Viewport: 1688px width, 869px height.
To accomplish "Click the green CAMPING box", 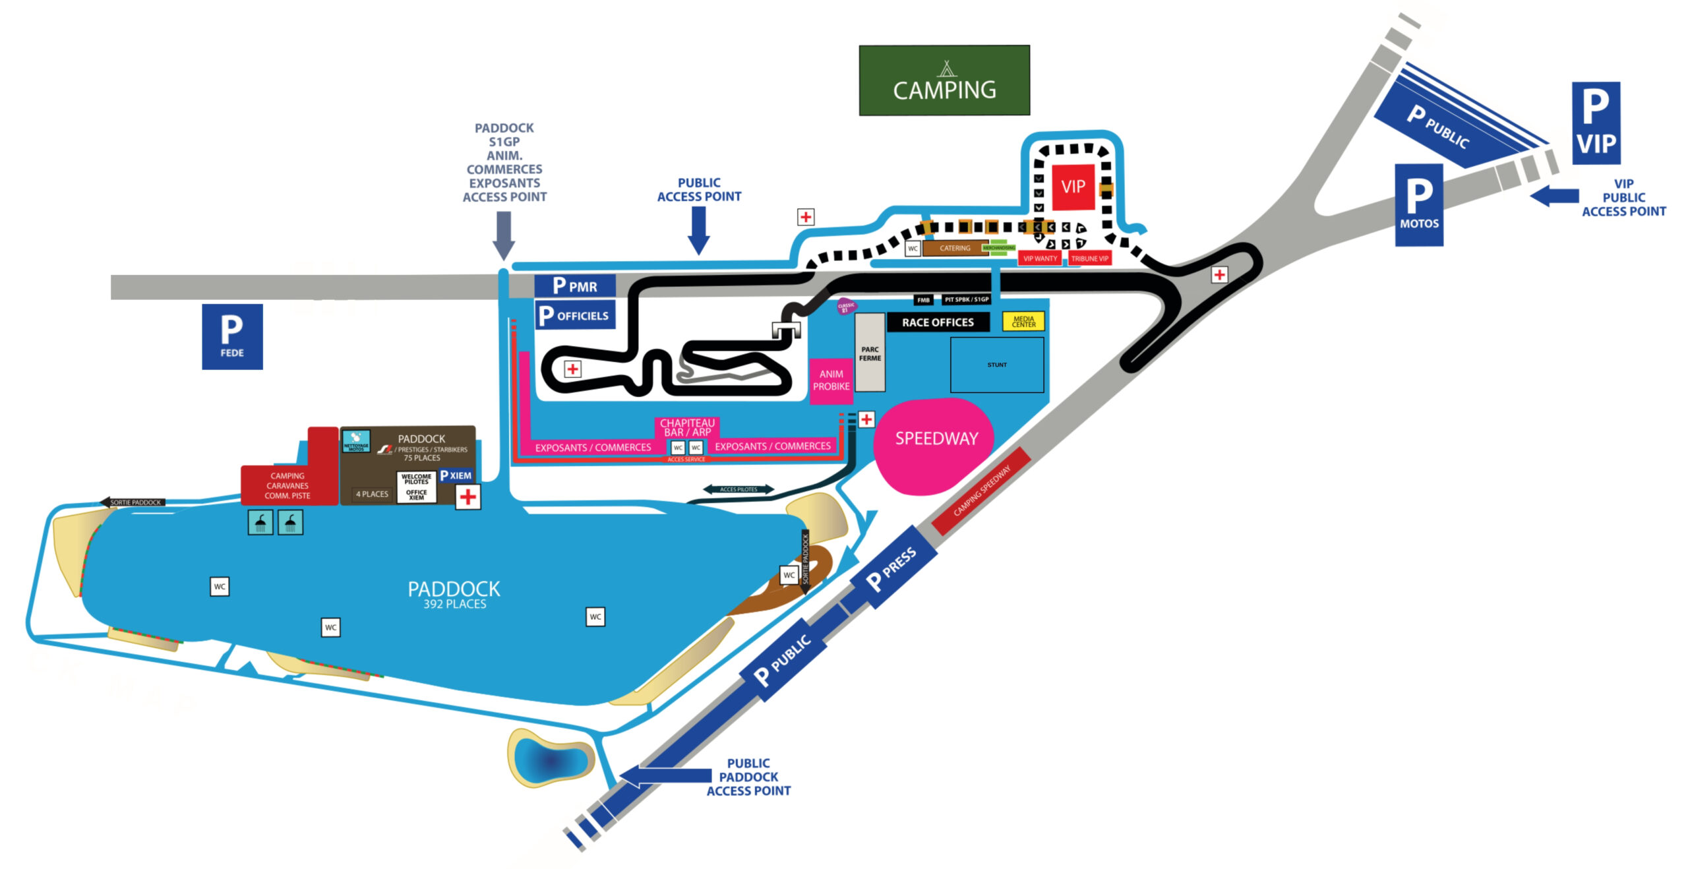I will pos(944,80).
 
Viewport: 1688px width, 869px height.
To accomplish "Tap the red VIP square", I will pos(1073,187).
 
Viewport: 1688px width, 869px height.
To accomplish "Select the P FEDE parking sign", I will pos(232,336).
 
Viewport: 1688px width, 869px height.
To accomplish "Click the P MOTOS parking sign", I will pos(1418,205).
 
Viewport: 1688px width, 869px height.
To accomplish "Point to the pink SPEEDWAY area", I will pos(934,445).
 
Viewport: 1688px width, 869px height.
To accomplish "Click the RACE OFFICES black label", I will pos(937,322).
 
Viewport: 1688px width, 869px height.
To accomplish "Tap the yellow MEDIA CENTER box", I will pos(1023,322).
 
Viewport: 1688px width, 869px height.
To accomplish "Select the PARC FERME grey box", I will pos(870,353).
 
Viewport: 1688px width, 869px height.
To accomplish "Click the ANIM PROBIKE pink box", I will pos(831,380).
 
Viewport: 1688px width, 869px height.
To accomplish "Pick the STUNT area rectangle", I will pos(996,365).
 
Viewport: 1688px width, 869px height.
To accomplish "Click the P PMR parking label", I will pos(574,285).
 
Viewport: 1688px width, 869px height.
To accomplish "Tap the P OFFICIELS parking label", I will pos(574,315).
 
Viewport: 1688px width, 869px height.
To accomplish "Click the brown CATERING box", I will pos(954,249).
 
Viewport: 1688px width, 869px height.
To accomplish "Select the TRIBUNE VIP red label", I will pos(1089,258).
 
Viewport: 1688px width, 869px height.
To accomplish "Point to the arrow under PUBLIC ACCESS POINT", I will pos(698,231).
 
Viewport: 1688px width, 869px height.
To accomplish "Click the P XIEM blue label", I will pos(456,475).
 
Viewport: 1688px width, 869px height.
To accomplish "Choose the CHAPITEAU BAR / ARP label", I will pos(687,427).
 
